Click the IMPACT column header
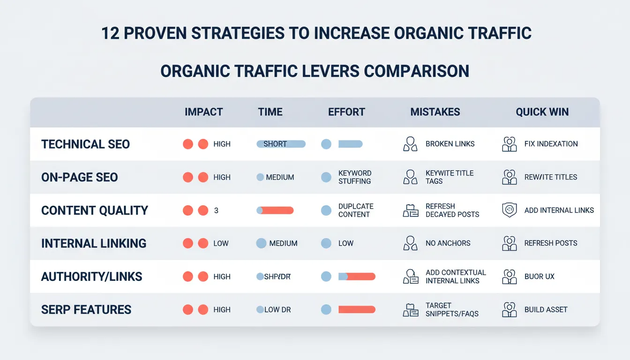click(203, 112)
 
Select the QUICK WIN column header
click(542, 112)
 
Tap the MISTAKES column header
click(435, 112)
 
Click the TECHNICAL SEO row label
click(85, 144)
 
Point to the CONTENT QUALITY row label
click(95, 210)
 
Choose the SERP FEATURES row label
click(86, 309)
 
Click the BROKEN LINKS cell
click(450, 144)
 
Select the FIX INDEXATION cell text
click(551, 144)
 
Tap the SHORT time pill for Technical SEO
click(281, 144)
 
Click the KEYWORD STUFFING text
click(355, 177)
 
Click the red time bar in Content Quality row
click(277, 210)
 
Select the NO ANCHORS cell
click(448, 243)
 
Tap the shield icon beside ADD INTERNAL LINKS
click(509, 210)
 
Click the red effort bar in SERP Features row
click(357, 309)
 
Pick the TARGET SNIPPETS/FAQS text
click(452, 309)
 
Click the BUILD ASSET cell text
click(546, 309)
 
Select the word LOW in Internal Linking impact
click(221, 243)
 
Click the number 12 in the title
click(111, 34)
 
